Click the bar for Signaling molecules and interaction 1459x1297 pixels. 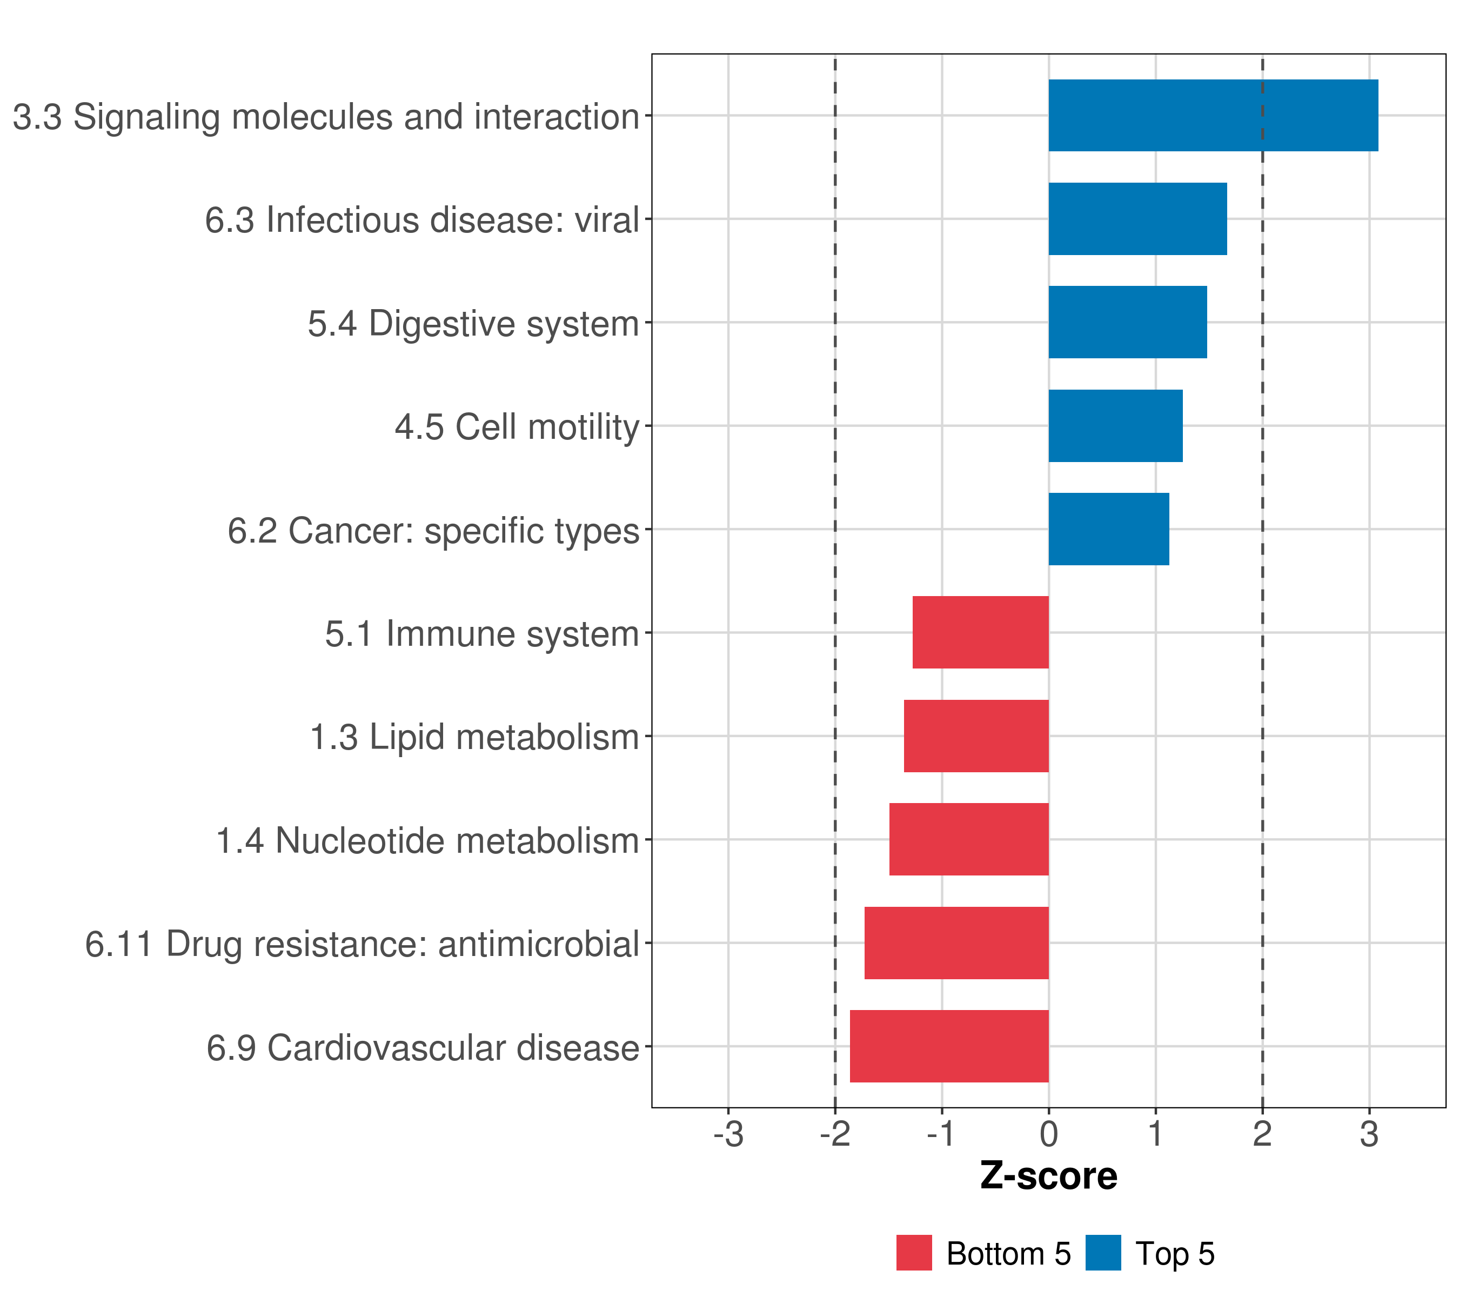pyautogui.click(x=1213, y=116)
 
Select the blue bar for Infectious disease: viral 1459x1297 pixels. pyautogui.click(x=1137, y=219)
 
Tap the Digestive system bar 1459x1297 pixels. pyautogui.click(x=1127, y=322)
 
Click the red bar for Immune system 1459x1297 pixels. pyautogui.click(x=980, y=632)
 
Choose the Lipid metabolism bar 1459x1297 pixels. pyautogui.click(x=976, y=736)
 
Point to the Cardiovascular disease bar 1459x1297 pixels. pyautogui.click(x=949, y=1046)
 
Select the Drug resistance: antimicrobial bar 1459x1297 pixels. pyautogui.click(x=956, y=943)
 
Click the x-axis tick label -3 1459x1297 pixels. pyautogui.click(x=728, y=1134)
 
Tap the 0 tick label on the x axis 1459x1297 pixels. pyautogui.click(x=1048, y=1134)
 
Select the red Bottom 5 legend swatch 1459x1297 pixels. pyautogui.click(x=914, y=1253)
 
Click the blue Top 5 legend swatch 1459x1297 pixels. pyautogui.click(x=1103, y=1253)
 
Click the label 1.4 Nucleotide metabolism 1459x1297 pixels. pyautogui.click(x=427, y=841)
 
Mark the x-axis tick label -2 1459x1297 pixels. pyautogui.click(x=834, y=1134)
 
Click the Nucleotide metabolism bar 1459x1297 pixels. pyautogui.click(x=969, y=839)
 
